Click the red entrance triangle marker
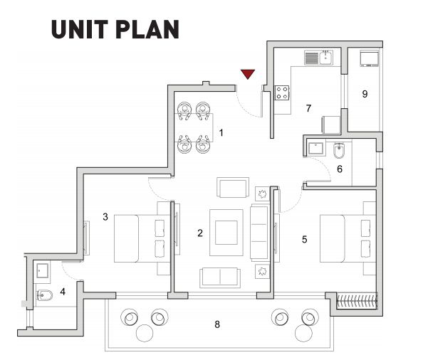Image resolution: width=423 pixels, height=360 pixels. click(x=248, y=74)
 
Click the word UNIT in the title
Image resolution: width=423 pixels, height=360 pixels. click(x=79, y=29)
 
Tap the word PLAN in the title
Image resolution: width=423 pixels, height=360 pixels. click(x=147, y=29)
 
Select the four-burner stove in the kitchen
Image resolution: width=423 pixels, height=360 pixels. click(x=282, y=92)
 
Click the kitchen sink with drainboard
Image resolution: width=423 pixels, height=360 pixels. click(x=319, y=58)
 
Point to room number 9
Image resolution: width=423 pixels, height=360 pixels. click(x=365, y=94)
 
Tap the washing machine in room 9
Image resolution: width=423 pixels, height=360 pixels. click(x=370, y=59)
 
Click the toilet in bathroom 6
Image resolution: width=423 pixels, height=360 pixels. click(x=338, y=150)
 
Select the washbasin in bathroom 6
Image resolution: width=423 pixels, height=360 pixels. click(x=315, y=148)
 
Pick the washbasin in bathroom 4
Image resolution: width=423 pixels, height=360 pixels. click(x=43, y=271)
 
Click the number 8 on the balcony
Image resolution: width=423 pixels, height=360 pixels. click(x=217, y=324)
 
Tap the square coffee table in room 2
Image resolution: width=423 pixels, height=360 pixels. click(x=226, y=233)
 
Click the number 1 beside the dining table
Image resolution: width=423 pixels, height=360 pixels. click(x=221, y=132)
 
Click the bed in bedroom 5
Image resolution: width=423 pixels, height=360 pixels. click(x=348, y=238)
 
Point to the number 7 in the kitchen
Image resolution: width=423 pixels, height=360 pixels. click(x=308, y=108)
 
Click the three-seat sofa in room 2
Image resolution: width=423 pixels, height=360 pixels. click(x=260, y=232)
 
